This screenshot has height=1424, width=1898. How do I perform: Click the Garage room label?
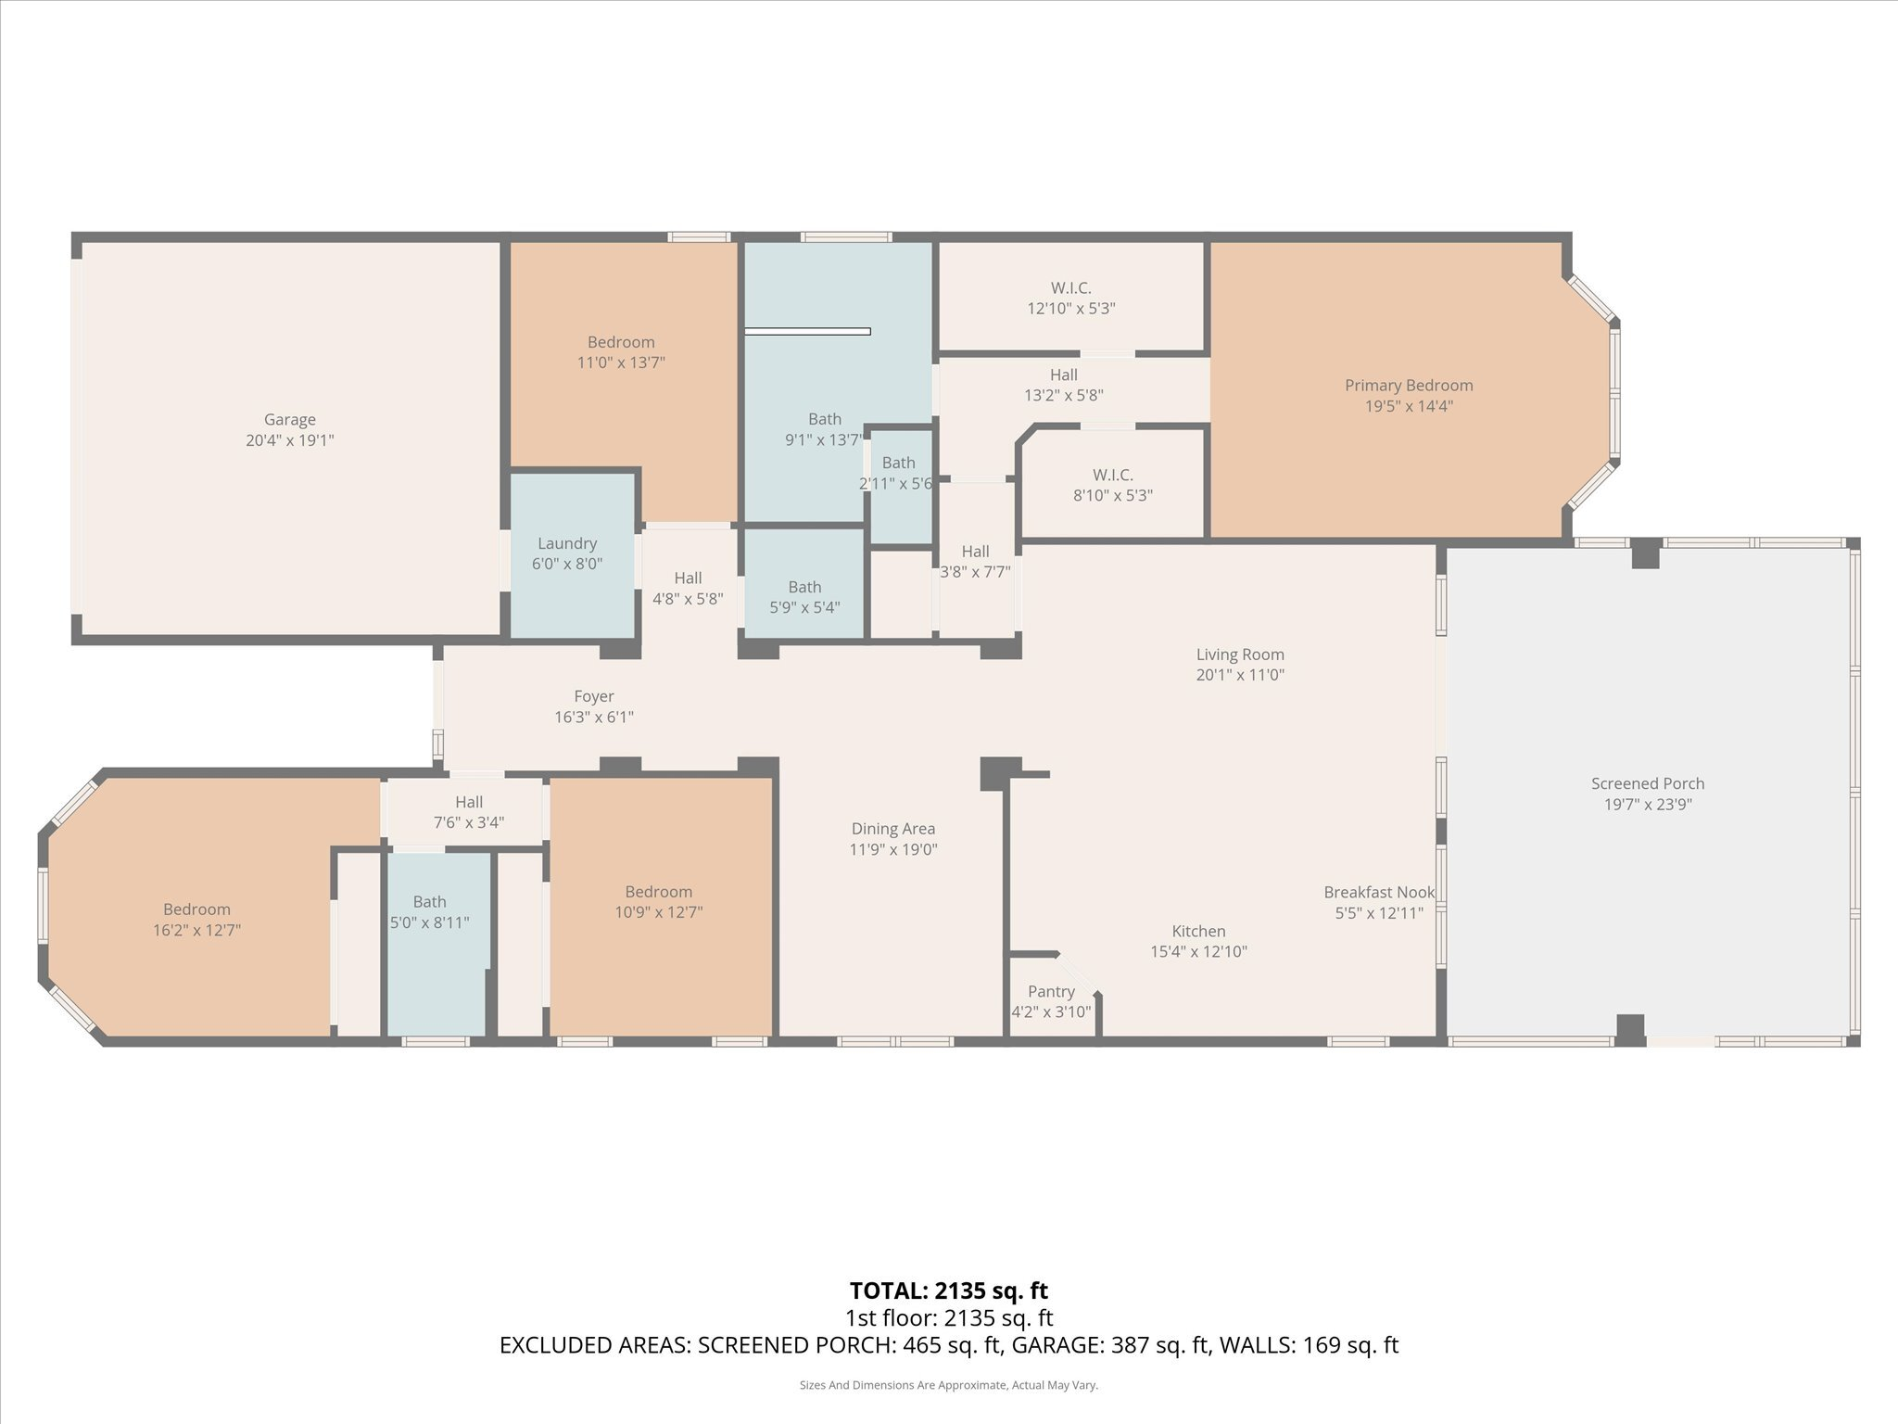pyautogui.click(x=289, y=420)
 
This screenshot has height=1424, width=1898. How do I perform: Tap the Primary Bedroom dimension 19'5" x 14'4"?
pyautogui.click(x=1408, y=406)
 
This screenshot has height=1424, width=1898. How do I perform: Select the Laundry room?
pyautogui.click(x=567, y=553)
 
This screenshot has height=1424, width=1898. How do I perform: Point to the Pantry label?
pyautogui.click(x=1051, y=992)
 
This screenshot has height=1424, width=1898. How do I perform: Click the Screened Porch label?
pyautogui.click(x=1648, y=783)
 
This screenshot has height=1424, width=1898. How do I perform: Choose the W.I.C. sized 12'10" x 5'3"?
pyautogui.click(x=1070, y=299)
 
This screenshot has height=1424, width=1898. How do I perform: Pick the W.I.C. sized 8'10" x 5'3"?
pyautogui.click(x=1112, y=486)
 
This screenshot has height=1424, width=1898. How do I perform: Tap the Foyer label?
pyautogui.click(x=593, y=696)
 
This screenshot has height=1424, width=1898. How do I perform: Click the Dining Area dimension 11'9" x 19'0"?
pyautogui.click(x=893, y=849)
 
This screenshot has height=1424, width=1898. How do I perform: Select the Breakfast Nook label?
pyautogui.click(x=1378, y=892)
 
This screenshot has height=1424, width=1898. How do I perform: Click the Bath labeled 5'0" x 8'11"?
pyautogui.click(x=429, y=911)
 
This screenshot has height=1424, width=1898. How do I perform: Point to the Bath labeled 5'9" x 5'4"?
pyautogui.click(x=804, y=597)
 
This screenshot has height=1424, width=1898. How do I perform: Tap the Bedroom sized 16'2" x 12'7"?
pyautogui.click(x=196, y=920)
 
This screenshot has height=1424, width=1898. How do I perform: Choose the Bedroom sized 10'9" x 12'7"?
pyautogui.click(x=658, y=902)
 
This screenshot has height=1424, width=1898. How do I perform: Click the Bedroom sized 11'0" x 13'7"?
pyautogui.click(x=621, y=352)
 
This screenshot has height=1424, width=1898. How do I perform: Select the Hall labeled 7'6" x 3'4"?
pyautogui.click(x=469, y=811)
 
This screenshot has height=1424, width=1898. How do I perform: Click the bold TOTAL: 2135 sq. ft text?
pyautogui.click(x=948, y=1290)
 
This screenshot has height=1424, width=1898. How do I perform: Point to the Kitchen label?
pyautogui.click(x=1198, y=931)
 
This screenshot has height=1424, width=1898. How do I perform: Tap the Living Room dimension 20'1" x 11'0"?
pyautogui.click(x=1239, y=675)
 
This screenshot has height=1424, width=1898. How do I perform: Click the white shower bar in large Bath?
pyautogui.click(x=807, y=331)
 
